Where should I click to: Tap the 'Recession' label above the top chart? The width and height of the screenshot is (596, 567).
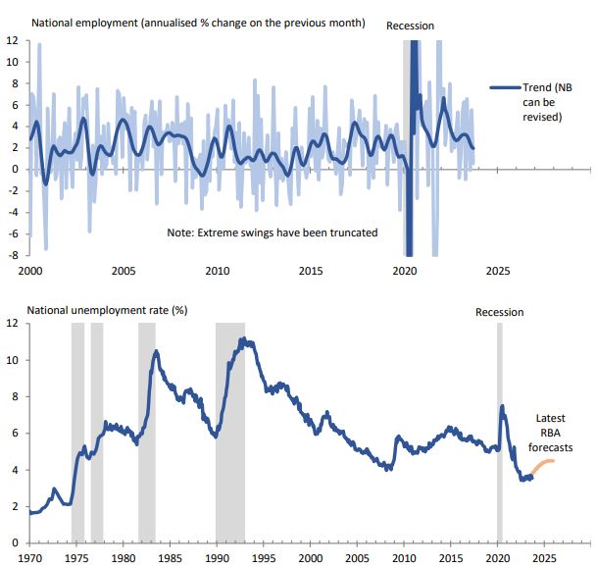click(x=411, y=25)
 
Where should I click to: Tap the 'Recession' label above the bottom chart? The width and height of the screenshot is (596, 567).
click(x=500, y=312)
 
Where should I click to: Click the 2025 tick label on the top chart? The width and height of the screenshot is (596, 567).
click(x=498, y=271)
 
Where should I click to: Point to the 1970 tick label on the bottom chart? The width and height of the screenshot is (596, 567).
click(x=29, y=556)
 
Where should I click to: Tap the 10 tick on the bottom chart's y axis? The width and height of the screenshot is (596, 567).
click(x=13, y=360)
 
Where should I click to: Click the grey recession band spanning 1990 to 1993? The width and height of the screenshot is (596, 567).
click(x=230, y=432)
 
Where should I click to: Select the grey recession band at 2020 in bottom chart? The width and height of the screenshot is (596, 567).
click(x=500, y=432)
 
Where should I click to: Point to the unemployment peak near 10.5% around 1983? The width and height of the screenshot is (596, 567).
click(x=155, y=350)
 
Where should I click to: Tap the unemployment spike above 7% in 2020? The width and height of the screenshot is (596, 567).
click(x=503, y=405)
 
